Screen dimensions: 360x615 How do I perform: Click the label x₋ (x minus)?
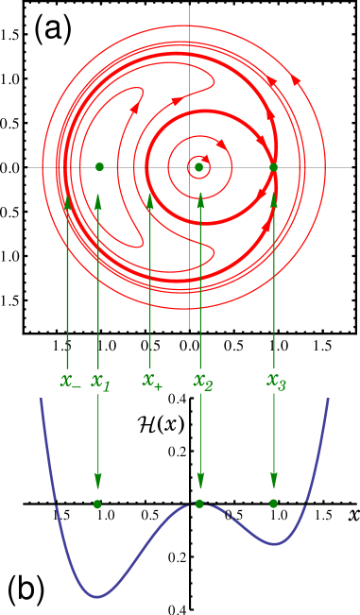70,382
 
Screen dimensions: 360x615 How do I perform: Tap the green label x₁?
100,382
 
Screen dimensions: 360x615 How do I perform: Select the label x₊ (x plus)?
152,381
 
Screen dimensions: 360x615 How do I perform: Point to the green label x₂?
203,382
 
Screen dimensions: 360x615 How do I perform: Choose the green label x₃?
276,382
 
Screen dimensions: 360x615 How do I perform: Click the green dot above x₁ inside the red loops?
99,167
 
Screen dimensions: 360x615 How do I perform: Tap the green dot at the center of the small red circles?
198,167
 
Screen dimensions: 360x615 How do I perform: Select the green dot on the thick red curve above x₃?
273,167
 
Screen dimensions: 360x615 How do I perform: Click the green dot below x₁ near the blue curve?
97,504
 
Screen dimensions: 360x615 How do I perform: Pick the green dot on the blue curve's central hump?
199,504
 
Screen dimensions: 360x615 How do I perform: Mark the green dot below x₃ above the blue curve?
273,504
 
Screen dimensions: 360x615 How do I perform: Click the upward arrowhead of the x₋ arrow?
68,201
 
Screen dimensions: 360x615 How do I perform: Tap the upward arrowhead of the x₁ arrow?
98,201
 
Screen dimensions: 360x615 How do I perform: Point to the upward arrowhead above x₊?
150,201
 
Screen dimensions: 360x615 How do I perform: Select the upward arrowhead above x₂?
200,201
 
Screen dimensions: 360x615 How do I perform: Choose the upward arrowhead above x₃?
274,201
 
